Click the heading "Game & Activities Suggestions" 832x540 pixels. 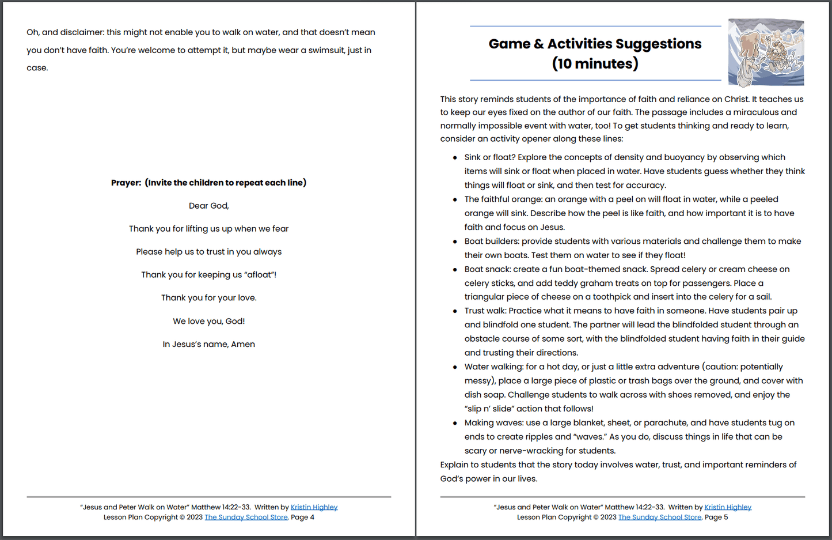[595, 44]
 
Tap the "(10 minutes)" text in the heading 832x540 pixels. [595, 63]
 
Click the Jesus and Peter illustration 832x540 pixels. [765, 52]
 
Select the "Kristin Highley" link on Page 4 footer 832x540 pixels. [314, 507]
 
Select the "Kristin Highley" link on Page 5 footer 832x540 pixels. [728, 507]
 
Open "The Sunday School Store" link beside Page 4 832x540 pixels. [246, 517]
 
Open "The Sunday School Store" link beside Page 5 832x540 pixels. [660, 517]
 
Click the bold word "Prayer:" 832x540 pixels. [126, 183]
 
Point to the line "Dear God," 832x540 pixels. [208, 206]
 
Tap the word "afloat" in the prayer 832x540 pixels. [259, 275]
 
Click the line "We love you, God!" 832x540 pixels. [208, 321]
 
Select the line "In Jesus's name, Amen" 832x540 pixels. [208, 344]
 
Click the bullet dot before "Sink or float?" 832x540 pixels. [455, 157]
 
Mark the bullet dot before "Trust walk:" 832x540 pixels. [455, 311]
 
